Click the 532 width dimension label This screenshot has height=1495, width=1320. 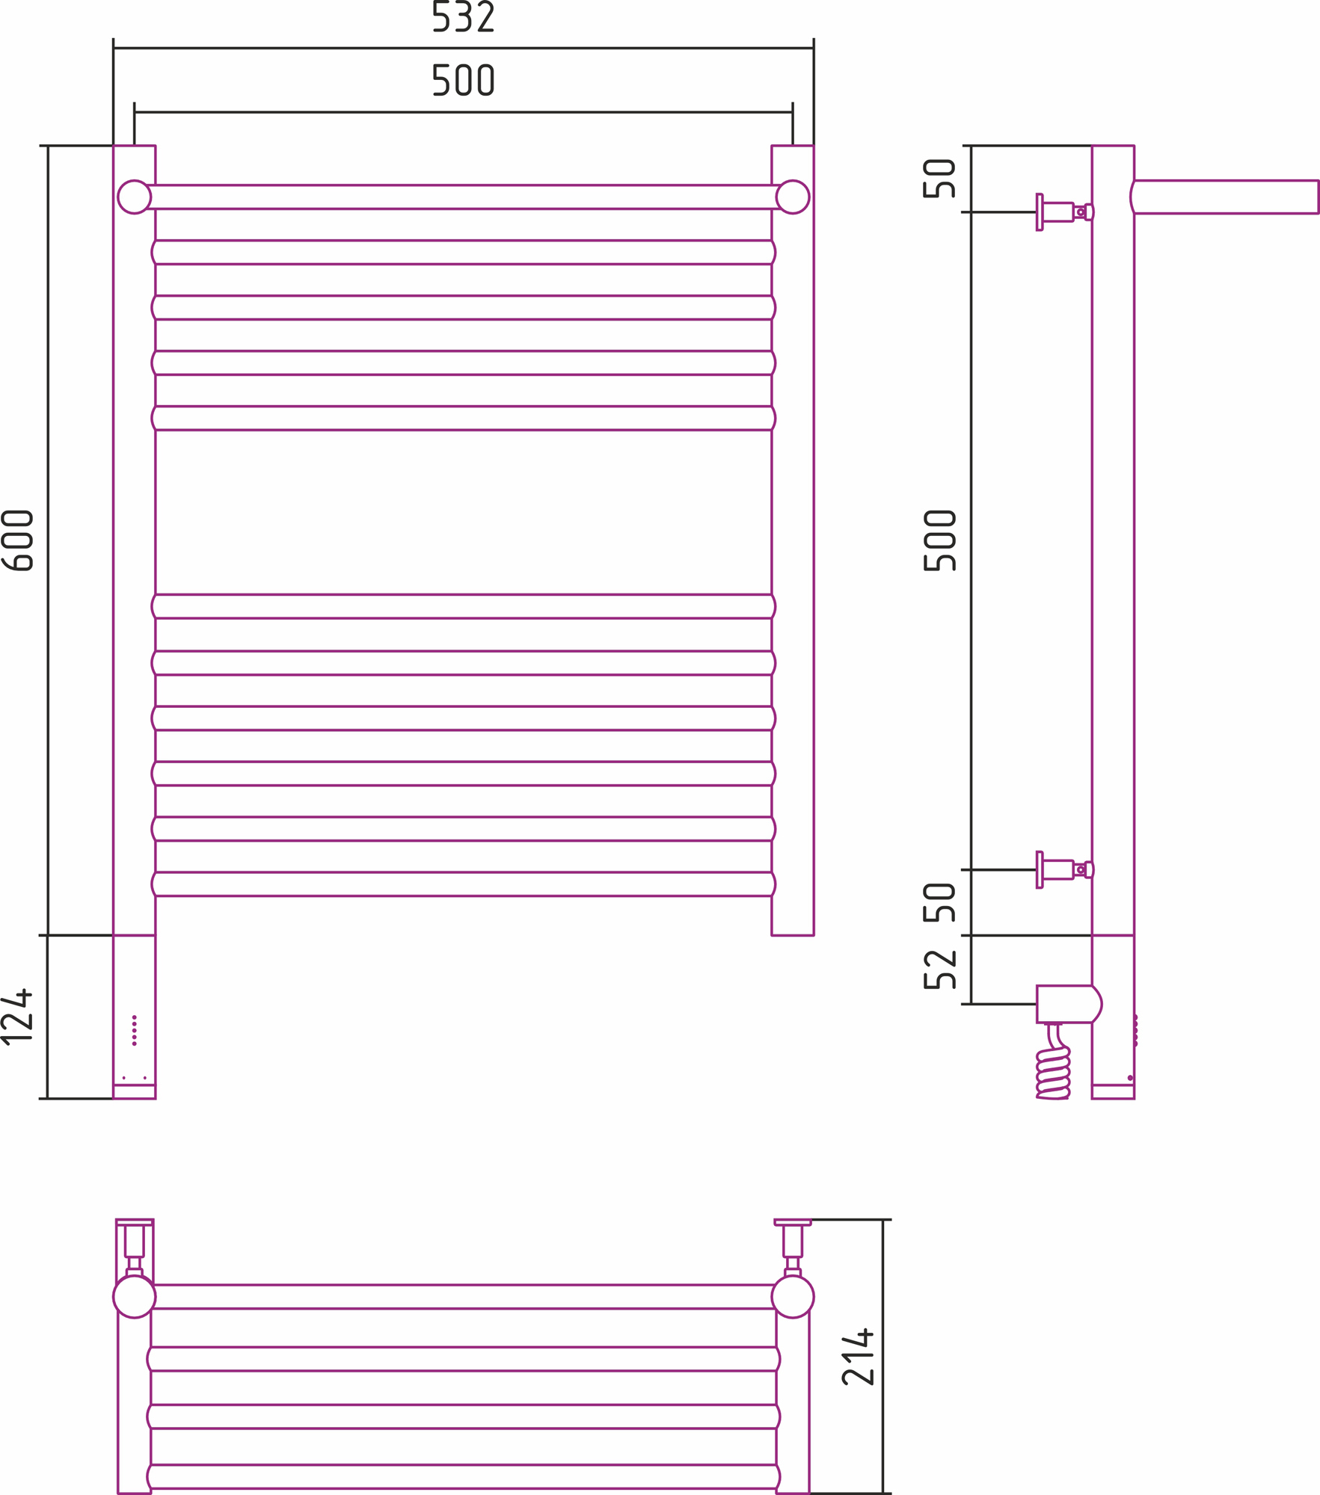coord(463,17)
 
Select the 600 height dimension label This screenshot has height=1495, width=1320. coord(18,540)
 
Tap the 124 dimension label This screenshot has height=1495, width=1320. coord(18,1017)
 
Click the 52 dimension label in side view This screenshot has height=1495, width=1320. coord(940,970)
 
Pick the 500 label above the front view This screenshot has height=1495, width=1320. coord(463,81)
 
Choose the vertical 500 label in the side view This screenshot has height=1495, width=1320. coord(940,540)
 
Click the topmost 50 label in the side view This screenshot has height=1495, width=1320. coord(940,179)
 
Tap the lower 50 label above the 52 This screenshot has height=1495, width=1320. coord(940,902)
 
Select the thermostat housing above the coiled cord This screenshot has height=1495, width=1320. coord(1067,1004)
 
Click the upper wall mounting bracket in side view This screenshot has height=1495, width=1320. coord(1062,212)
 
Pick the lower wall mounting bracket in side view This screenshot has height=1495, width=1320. coord(1062,869)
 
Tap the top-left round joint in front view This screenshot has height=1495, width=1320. coord(135,197)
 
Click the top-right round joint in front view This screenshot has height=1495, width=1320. coord(793,197)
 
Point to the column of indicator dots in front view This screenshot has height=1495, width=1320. coord(135,1030)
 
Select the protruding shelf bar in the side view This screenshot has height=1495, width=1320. coord(1227,197)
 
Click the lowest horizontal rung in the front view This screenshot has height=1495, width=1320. coord(463,884)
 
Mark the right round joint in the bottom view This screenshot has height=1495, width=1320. coord(793,1297)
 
